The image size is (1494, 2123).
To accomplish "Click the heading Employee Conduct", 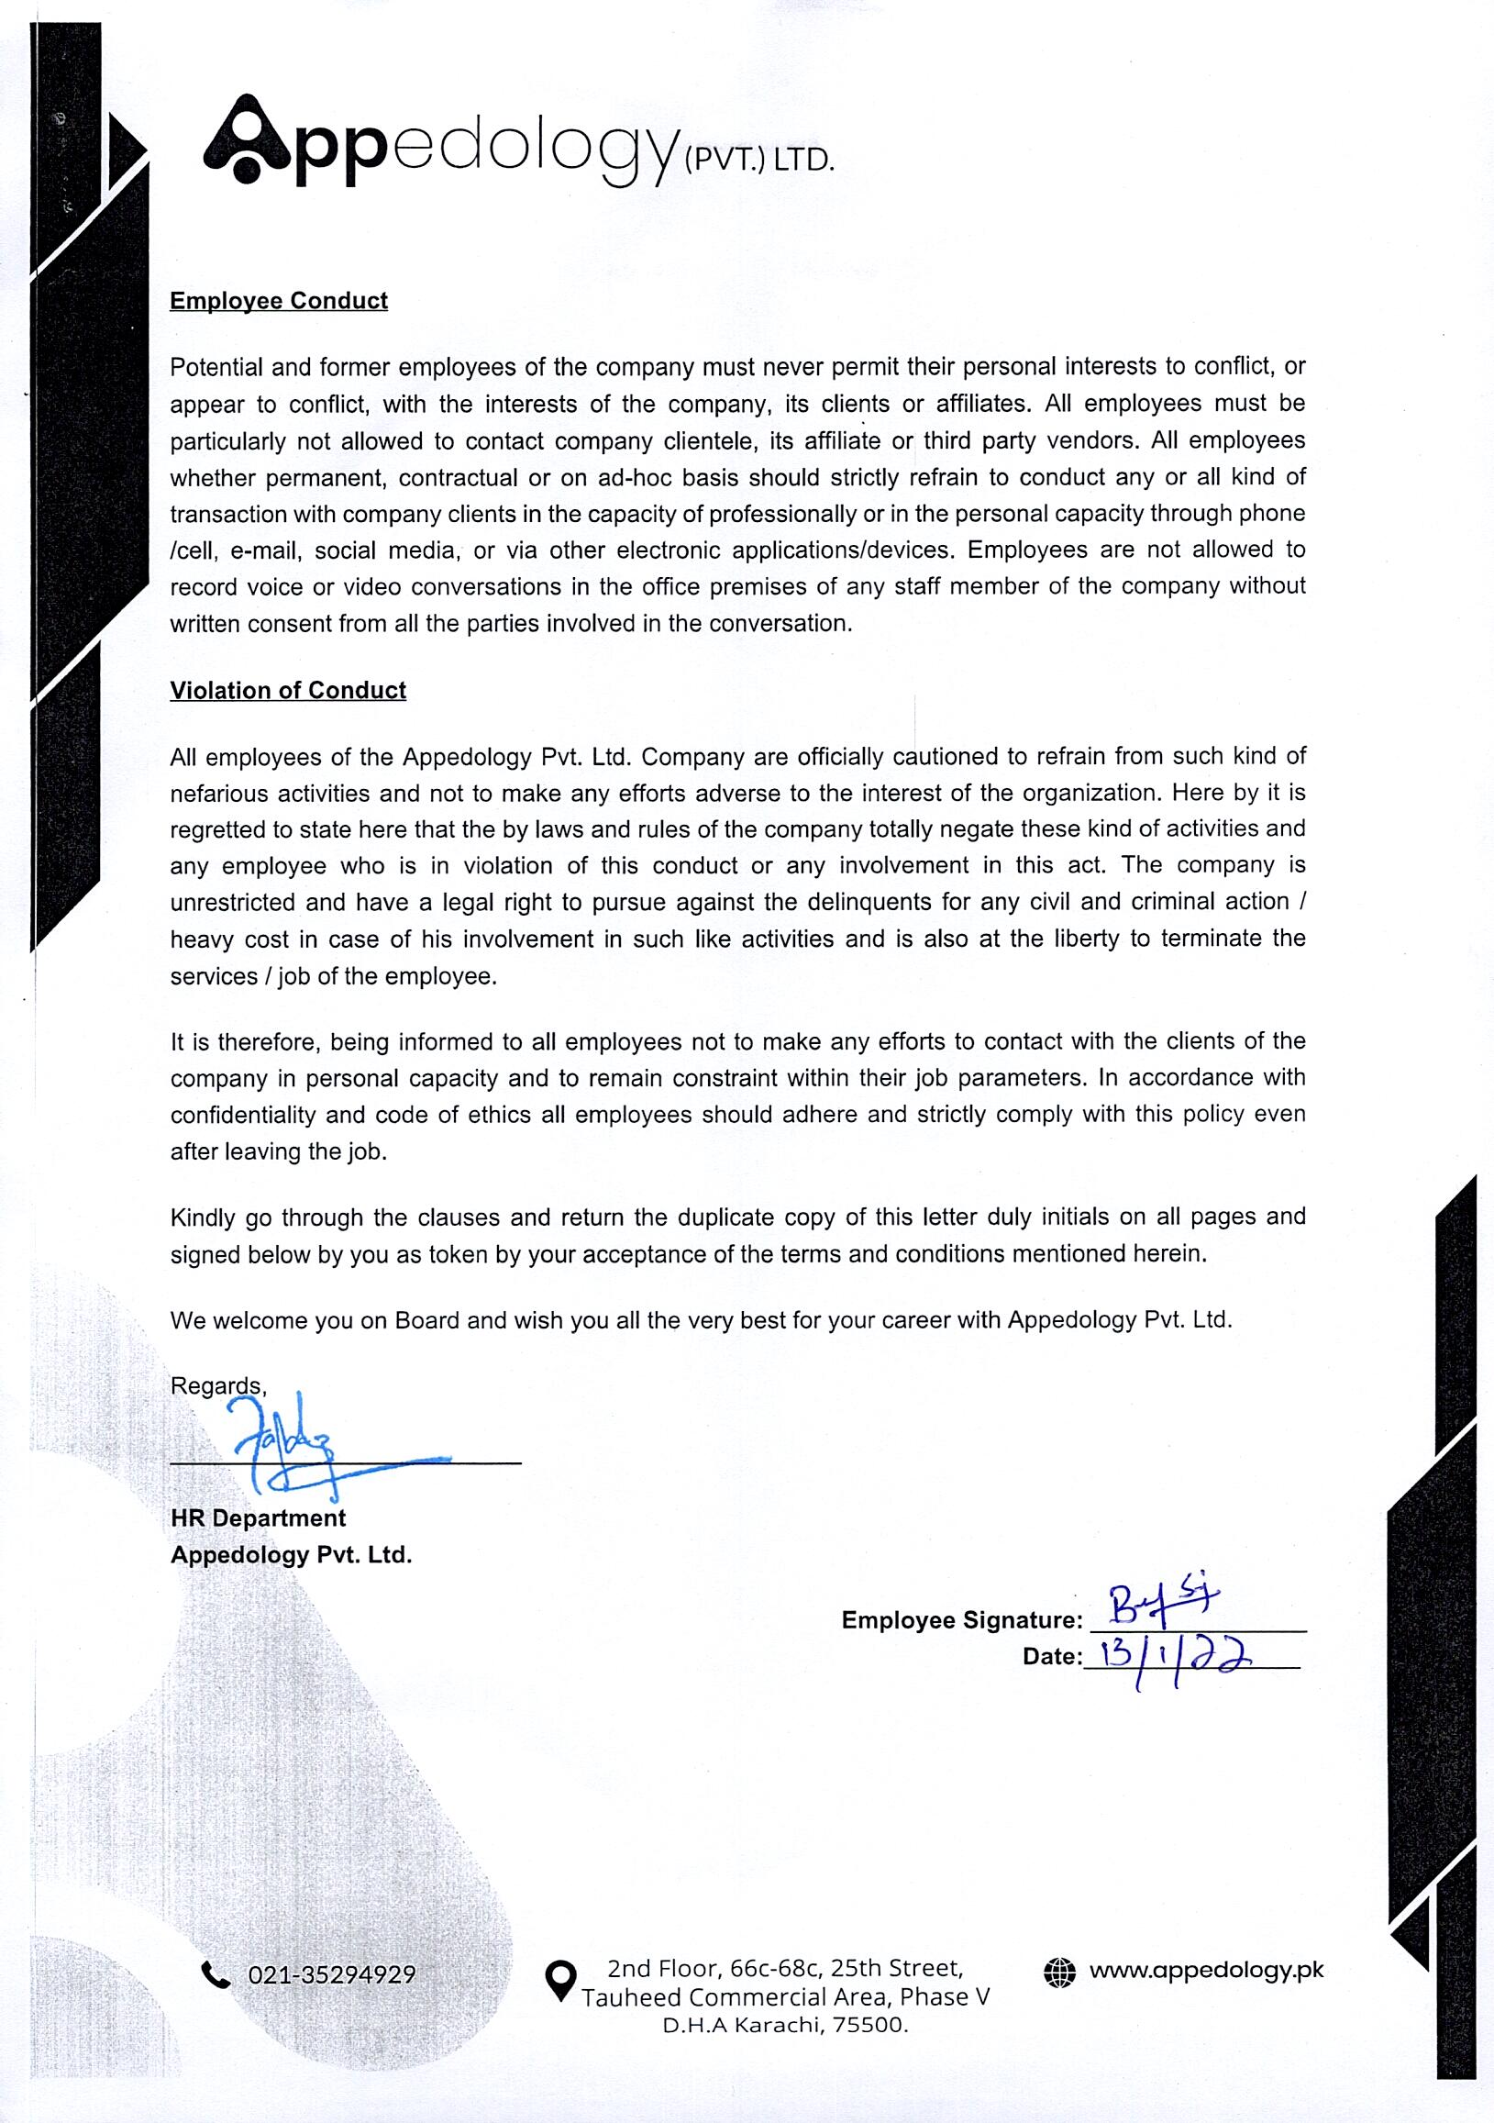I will [x=278, y=302].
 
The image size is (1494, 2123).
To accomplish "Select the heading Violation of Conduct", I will [x=288, y=691].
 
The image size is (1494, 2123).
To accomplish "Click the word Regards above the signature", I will [x=217, y=1385].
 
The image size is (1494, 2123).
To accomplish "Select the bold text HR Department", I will [x=258, y=1517].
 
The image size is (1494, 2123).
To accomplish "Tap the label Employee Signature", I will [x=960, y=1619].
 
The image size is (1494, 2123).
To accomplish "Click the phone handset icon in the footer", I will [x=216, y=1975].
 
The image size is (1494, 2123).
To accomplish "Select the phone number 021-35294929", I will [x=331, y=1975].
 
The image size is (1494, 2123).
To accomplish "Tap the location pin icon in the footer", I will [x=559, y=1980].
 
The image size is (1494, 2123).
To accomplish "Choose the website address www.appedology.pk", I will [x=1205, y=1970].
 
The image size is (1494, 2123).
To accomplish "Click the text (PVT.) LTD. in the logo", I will [x=758, y=160].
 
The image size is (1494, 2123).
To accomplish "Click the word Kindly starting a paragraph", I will [x=203, y=1217].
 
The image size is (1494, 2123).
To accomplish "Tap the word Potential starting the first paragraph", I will [x=216, y=367].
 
